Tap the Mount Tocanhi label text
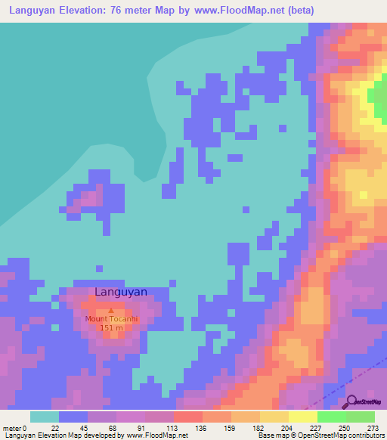click(x=111, y=319)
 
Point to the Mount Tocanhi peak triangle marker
click(x=111, y=310)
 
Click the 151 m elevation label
click(x=111, y=327)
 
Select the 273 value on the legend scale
click(x=371, y=428)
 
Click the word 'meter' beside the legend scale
click(x=12, y=428)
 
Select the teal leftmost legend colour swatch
click(x=45, y=417)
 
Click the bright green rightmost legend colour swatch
click(x=361, y=417)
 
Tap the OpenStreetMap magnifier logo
click(x=351, y=401)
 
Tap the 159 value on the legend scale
click(x=229, y=428)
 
